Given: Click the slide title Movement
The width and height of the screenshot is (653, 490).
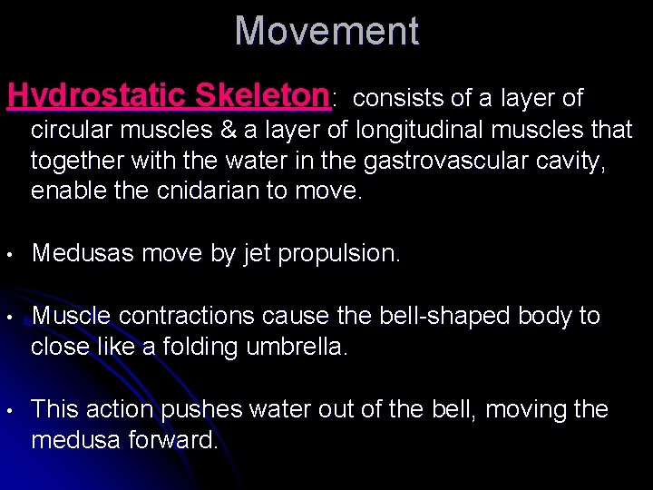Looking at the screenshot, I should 326,32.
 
